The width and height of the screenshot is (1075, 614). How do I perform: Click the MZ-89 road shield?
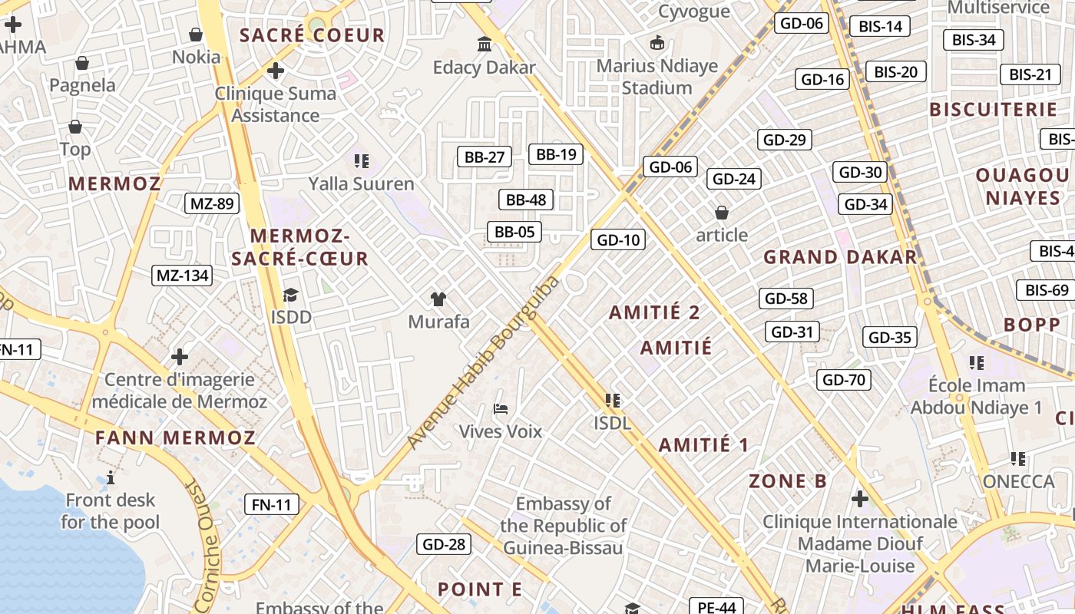(212, 203)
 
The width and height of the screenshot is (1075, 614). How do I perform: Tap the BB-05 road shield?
(514, 232)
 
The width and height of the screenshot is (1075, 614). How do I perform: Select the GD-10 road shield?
(618, 240)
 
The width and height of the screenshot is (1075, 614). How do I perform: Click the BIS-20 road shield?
(896, 72)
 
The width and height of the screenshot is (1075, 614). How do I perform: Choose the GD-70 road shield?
(844, 379)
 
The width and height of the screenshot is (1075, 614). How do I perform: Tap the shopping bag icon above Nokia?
(196, 35)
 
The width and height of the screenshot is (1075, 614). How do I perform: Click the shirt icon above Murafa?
(438, 299)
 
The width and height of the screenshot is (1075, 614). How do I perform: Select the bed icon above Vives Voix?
(501, 408)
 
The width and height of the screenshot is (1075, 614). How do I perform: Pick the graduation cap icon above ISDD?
(290, 295)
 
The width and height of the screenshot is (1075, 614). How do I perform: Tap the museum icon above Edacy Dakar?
(485, 45)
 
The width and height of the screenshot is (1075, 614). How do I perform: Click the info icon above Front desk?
(111, 477)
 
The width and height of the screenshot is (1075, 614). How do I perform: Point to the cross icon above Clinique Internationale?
(860, 500)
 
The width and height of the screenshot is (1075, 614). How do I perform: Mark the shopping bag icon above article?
(721, 212)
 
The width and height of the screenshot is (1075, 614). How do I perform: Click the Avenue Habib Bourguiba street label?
(484, 361)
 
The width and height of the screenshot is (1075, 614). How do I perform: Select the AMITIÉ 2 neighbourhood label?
(654, 312)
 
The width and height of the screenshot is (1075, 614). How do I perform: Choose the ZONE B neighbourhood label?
(788, 481)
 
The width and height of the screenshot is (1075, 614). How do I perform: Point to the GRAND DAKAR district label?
(840, 257)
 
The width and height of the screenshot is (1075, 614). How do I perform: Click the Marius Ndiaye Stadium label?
(657, 77)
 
